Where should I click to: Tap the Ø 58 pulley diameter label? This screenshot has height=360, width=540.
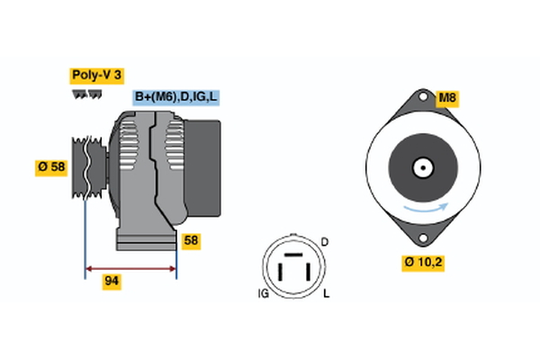coord(51,166)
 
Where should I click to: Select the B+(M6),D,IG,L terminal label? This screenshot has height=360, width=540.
coord(176,97)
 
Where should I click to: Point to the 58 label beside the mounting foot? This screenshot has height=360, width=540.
coord(190,240)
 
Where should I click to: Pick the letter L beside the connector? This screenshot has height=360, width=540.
coord(325,294)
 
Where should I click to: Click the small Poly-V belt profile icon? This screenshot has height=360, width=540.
coord(86,94)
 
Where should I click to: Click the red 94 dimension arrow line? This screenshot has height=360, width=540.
coord(130,268)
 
